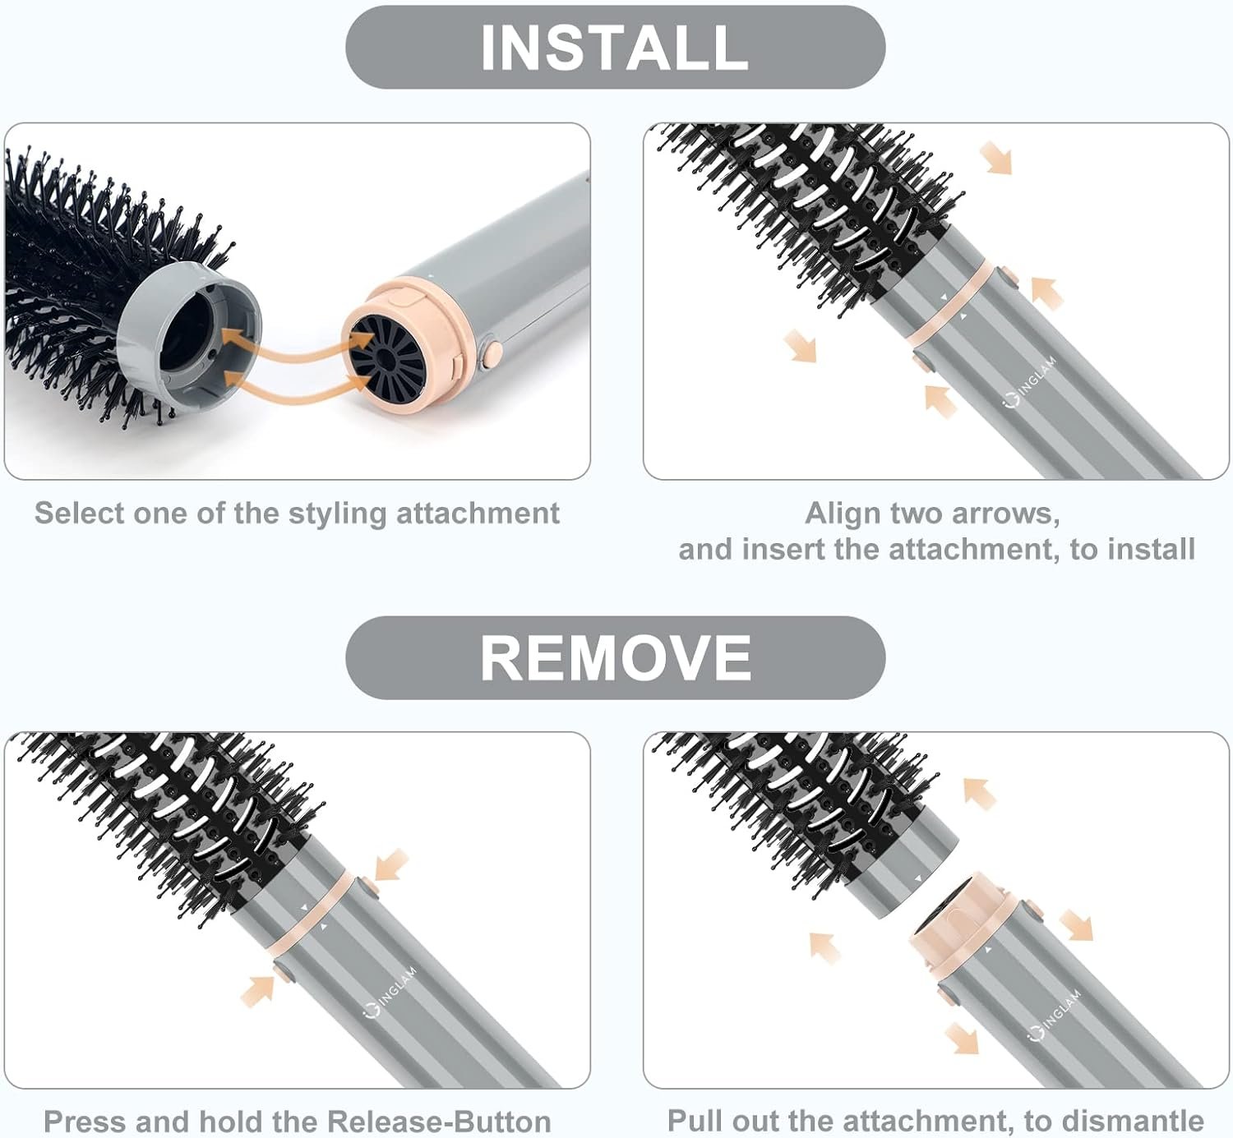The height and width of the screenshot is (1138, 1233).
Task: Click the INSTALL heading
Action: point(614,47)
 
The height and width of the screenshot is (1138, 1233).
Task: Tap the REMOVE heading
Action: point(615,658)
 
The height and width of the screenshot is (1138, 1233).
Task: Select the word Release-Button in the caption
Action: point(439,1122)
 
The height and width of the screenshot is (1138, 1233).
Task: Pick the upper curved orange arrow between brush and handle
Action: point(284,340)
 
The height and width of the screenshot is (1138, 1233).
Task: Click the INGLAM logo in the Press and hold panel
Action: point(392,991)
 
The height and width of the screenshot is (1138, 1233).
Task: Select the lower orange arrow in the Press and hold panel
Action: point(259,989)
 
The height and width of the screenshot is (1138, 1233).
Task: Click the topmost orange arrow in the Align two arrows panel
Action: point(995,157)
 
